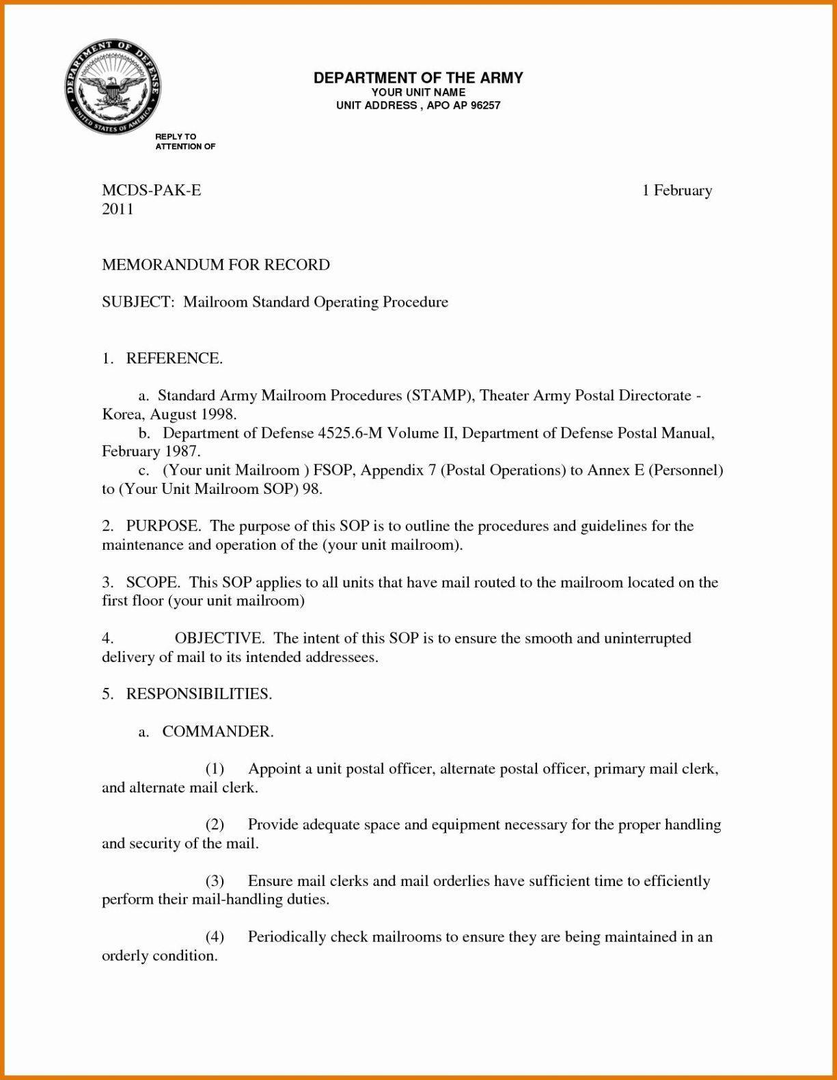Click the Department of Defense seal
tap(112, 86)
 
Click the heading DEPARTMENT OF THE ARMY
tap(418, 78)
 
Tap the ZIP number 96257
tap(485, 105)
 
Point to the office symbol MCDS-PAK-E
tap(152, 190)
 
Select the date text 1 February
tap(676, 190)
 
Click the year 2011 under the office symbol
tap(118, 209)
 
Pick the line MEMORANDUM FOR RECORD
tap(216, 264)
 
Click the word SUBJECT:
tap(138, 302)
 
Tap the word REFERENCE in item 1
tap(174, 358)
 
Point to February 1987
tap(150, 451)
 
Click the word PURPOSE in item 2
tap(163, 526)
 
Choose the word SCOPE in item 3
tap(152, 582)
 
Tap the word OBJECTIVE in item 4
tap(219, 638)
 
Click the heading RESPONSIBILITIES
tap(199, 694)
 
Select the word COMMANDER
tap(217, 732)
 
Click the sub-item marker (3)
tap(215, 881)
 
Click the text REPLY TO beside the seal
tap(176, 137)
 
